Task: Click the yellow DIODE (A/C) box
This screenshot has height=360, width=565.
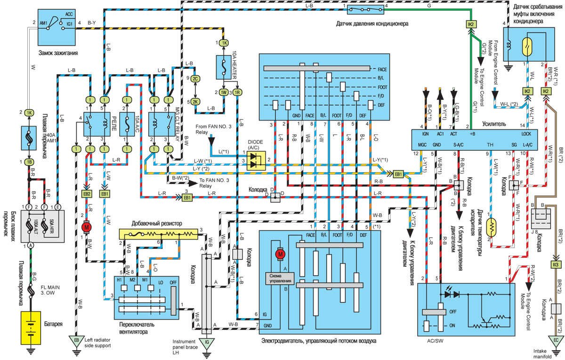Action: coord(257,160)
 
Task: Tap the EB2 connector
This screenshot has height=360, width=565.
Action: coord(87,193)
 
